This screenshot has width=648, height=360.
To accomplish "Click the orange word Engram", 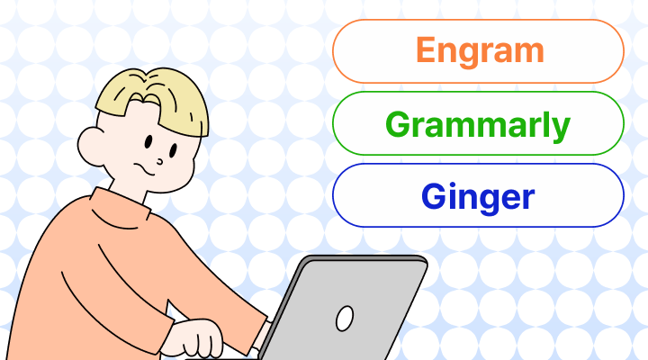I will [479, 50].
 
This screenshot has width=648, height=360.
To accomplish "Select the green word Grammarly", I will [479, 124].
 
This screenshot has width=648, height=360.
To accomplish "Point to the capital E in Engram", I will [424, 50].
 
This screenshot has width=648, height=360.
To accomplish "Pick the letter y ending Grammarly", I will [561, 128].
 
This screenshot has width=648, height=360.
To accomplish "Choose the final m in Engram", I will [530, 52].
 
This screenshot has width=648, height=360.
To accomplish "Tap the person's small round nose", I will [159, 162].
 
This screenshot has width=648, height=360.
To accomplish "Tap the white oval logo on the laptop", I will [344, 318].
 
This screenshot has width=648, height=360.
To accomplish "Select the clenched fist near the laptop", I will [200, 340].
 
